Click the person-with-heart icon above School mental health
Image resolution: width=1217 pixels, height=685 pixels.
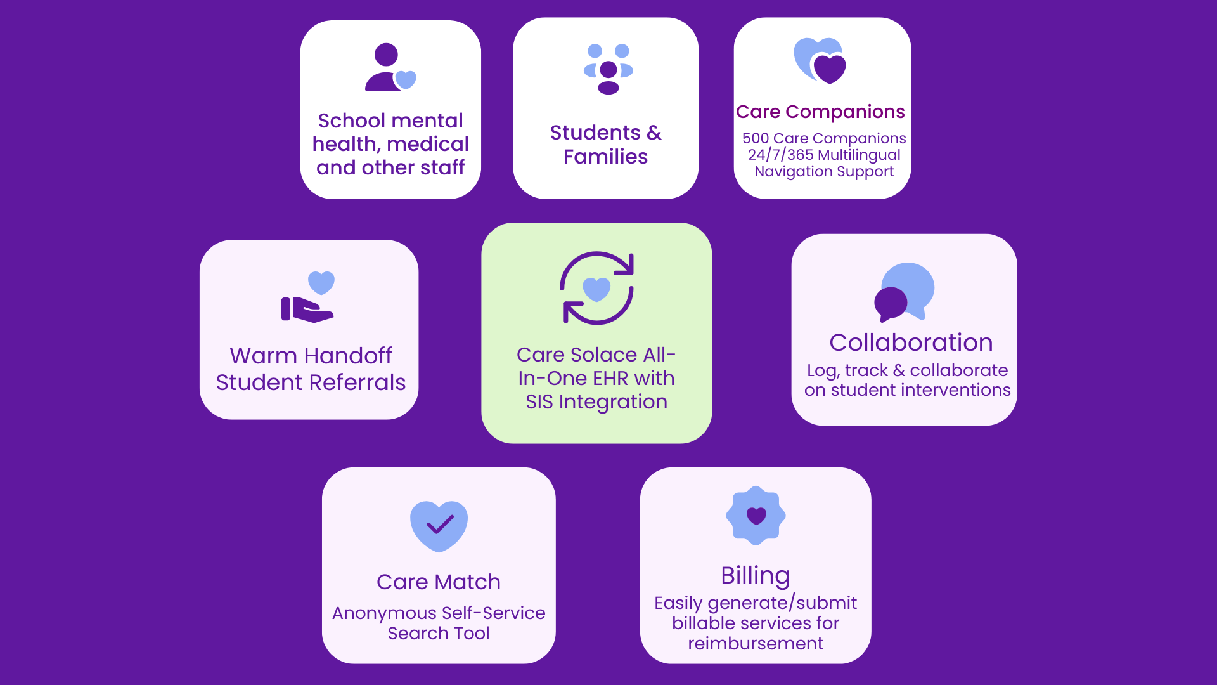click(x=390, y=67)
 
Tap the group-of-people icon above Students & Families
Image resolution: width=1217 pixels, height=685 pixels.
click(x=608, y=69)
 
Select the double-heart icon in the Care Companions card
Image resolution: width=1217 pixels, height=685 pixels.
click(x=820, y=61)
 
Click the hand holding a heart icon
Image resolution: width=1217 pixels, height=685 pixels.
click(x=309, y=297)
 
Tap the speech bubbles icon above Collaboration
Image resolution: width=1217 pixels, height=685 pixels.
click(x=905, y=292)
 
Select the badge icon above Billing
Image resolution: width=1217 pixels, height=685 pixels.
click(x=756, y=516)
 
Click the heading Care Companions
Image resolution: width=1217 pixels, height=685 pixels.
click(x=820, y=112)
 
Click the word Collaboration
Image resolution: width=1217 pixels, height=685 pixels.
click(x=911, y=342)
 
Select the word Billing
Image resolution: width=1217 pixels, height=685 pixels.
click(x=756, y=577)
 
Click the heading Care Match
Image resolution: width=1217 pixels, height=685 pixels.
click(x=439, y=582)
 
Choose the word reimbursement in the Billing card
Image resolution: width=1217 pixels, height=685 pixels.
click(x=756, y=643)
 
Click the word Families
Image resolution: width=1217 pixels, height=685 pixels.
click(x=605, y=157)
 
